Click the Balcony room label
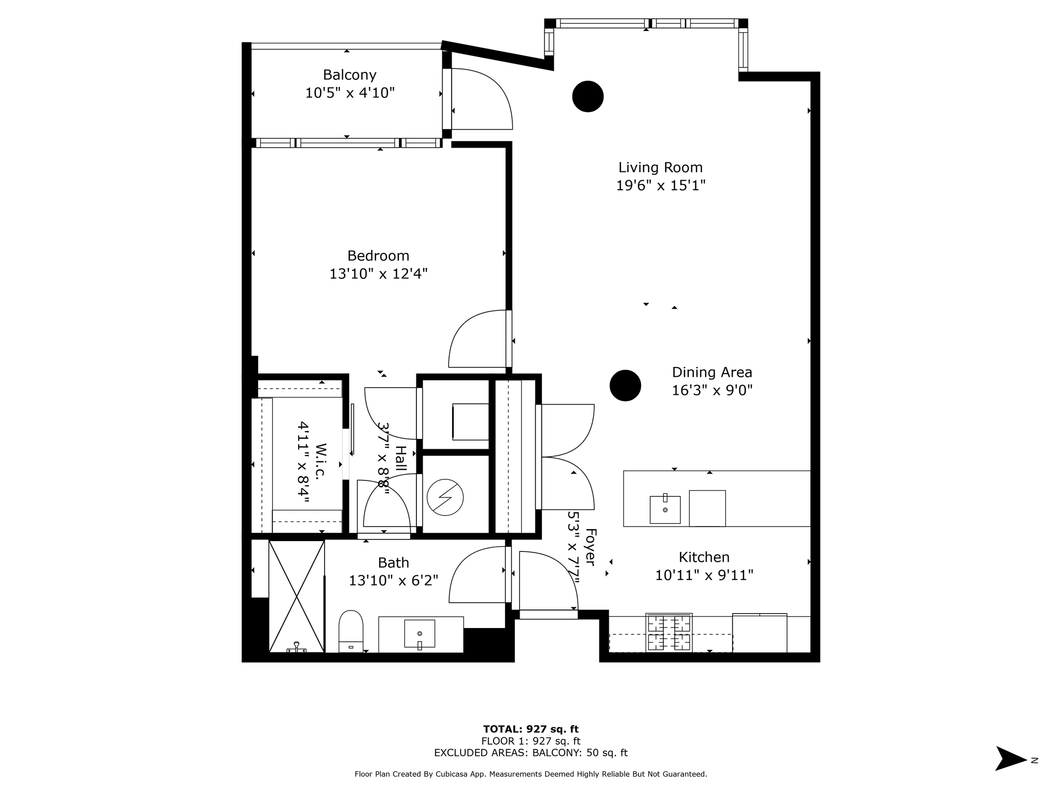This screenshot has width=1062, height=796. point(350,75)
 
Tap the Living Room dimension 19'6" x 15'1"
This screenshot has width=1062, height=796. point(661,186)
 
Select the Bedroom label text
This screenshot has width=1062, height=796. point(378,256)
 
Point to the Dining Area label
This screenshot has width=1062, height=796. point(712,373)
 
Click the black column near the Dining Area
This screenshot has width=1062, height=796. point(625,386)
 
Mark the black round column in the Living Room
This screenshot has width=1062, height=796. point(588,96)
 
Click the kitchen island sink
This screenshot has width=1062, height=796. point(665,509)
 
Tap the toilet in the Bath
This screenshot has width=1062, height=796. point(351,632)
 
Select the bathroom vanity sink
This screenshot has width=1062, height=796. point(420,634)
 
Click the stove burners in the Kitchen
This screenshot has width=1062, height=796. point(669,633)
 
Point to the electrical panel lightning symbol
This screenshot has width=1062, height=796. point(445,497)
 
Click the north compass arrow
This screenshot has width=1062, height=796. point(1011,758)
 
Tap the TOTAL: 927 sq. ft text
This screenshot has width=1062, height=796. point(531,730)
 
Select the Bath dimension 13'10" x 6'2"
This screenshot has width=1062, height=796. point(394,580)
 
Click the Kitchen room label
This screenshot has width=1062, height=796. point(704,557)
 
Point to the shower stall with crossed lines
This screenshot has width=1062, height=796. point(297,596)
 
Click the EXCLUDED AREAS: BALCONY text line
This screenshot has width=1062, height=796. point(531,753)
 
